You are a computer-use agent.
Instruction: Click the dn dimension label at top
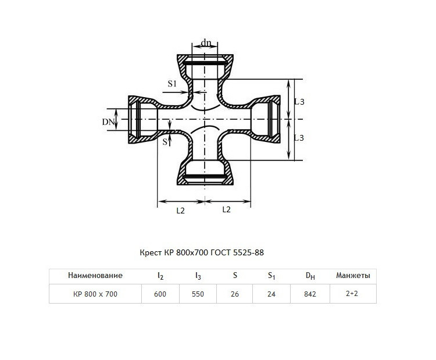click(206, 43)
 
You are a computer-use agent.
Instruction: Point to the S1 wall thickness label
click(172, 84)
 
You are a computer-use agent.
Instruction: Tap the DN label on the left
click(108, 122)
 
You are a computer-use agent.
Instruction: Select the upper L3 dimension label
click(299, 102)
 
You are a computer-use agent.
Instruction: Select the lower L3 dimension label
click(299, 138)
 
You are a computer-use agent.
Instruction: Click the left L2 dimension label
click(180, 211)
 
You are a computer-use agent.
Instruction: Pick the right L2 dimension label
click(227, 209)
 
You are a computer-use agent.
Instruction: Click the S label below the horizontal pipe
click(165, 142)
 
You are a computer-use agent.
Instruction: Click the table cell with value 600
click(160, 294)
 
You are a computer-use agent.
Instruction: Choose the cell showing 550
click(198, 294)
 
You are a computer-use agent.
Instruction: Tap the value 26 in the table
click(235, 294)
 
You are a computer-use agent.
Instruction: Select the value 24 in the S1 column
click(271, 294)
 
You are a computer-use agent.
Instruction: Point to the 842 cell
click(310, 294)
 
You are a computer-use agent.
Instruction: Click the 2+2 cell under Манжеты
click(352, 293)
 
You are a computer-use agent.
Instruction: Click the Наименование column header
click(95, 276)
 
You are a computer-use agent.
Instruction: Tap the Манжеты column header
click(353, 276)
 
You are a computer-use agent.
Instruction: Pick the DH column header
click(310, 276)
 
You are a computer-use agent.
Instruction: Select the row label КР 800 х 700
click(95, 294)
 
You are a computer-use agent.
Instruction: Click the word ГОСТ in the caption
click(221, 252)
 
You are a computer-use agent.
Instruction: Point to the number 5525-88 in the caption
click(248, 252)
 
